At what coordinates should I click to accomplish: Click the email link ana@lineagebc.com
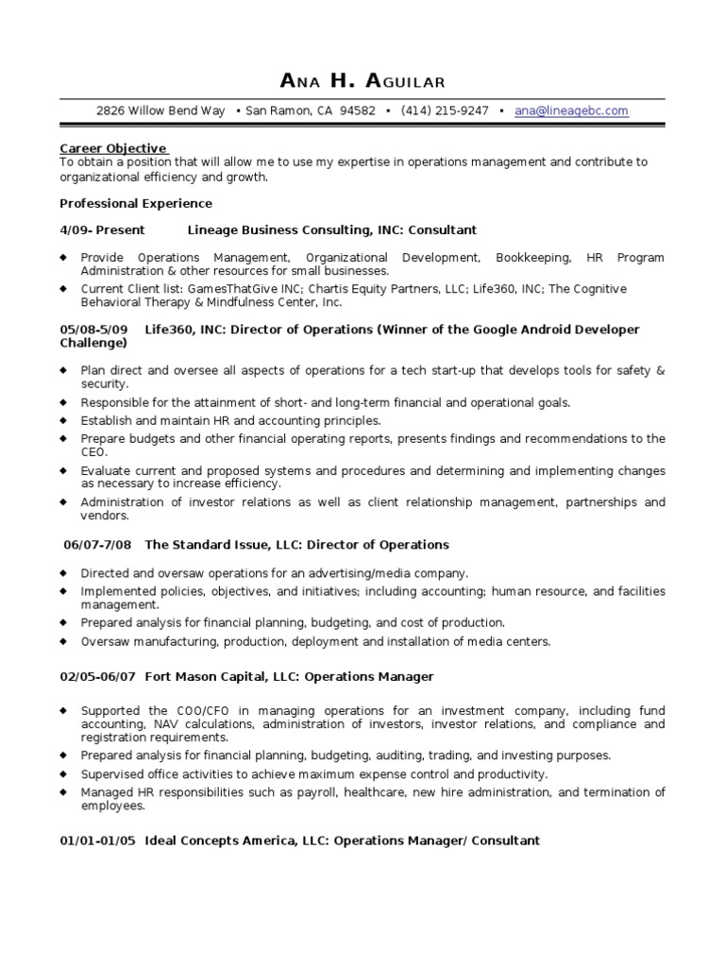571,110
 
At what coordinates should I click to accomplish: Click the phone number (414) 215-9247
445,110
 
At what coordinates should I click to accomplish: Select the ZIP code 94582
357,110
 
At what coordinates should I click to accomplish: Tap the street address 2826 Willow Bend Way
160,110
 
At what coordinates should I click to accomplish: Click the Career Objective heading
113,148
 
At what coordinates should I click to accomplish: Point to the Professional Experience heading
136,203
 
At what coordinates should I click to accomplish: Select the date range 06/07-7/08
98,545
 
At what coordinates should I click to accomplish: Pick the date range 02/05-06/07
98,676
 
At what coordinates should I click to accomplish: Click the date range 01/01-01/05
98,840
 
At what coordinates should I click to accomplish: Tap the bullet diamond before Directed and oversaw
63,572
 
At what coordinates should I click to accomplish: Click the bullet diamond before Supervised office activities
63,773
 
